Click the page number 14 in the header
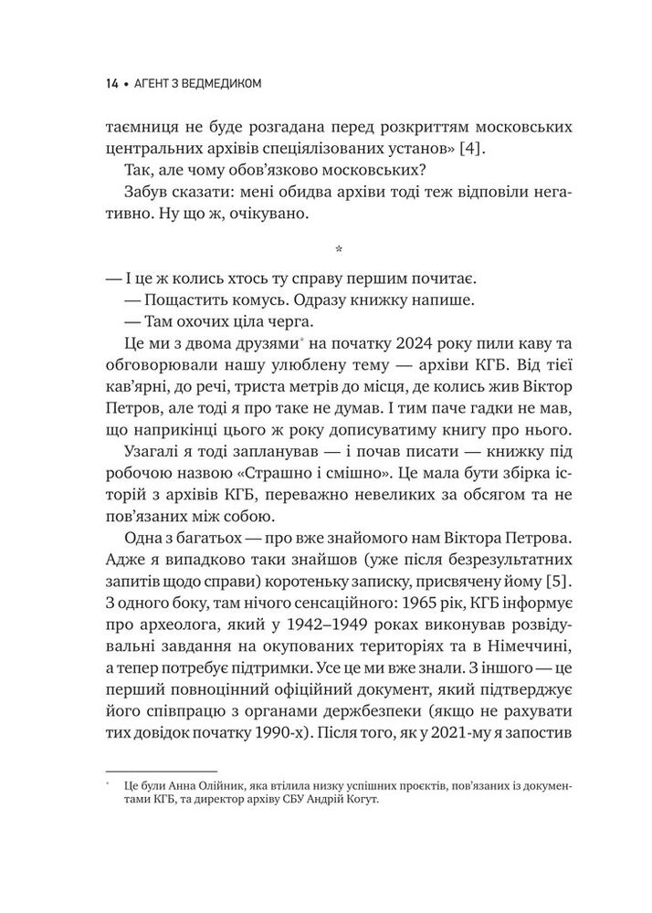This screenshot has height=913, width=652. click(x=110, y=85)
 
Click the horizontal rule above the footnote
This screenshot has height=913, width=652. click(x=162, y=771)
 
